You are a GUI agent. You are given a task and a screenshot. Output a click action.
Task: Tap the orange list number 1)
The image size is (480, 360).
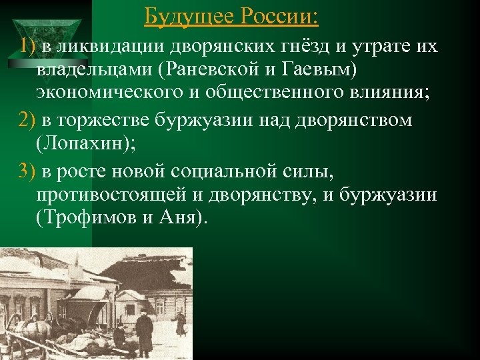[28, 47]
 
